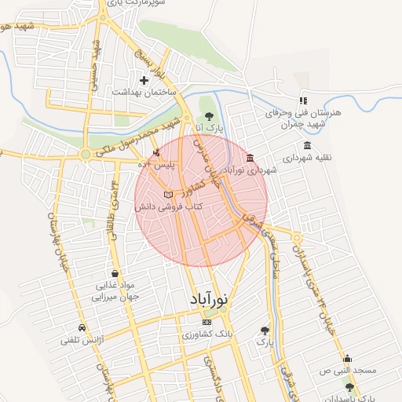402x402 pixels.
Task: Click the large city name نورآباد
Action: coord(210,300)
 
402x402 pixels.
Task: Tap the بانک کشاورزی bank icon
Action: coord(206,322)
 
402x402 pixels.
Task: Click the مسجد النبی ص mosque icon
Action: coord(348,359)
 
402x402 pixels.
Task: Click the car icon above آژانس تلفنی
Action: coord(82,327)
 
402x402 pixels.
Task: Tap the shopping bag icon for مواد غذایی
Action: coord(104,274)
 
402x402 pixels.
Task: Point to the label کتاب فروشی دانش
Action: coord(168,206)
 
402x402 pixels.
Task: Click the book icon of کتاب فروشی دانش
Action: coord(167,194)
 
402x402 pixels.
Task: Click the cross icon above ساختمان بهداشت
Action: coord(144,80)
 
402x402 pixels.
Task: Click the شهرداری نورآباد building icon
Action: coord(250,157)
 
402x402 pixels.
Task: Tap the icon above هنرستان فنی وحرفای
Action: coord(303,100)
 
